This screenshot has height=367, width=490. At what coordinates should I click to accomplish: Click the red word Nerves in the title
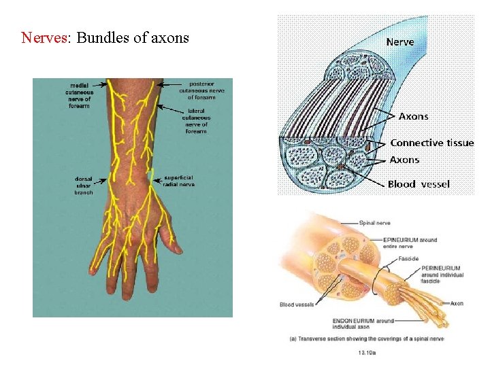click(42, 37)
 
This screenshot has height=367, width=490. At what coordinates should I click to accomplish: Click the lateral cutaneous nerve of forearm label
click(196, 120)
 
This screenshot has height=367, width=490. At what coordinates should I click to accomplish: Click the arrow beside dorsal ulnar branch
click(102, 181)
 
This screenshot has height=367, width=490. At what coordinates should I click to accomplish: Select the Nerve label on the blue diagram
click(400, 42)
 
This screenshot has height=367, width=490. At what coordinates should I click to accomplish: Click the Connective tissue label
click(431, 143)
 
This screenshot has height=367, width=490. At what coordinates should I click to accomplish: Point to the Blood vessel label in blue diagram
click(419, 184)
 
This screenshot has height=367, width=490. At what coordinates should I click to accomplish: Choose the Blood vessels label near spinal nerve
click(297, 305)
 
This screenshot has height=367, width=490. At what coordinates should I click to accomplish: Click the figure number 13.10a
click(367, 352)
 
